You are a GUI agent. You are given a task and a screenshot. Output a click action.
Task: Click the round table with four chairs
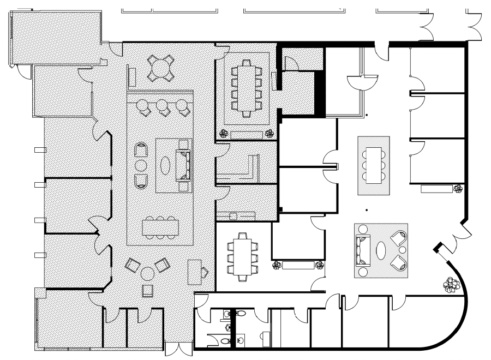[x=160, y=68]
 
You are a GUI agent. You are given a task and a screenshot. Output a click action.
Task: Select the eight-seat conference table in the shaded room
[x=247, y=89]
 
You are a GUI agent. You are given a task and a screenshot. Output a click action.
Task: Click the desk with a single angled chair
[x=194, y=271]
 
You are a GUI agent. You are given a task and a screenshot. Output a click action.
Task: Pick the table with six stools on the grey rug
[x=373, y=165]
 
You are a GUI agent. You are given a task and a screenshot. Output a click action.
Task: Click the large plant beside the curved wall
[x=451, y=285]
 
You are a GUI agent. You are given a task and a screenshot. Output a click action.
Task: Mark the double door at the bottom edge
[x=178, y=350]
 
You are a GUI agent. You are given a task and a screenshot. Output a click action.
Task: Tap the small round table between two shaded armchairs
[x=140, y=165]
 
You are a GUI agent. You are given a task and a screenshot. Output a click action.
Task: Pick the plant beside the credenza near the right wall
[x=459, y=189]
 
